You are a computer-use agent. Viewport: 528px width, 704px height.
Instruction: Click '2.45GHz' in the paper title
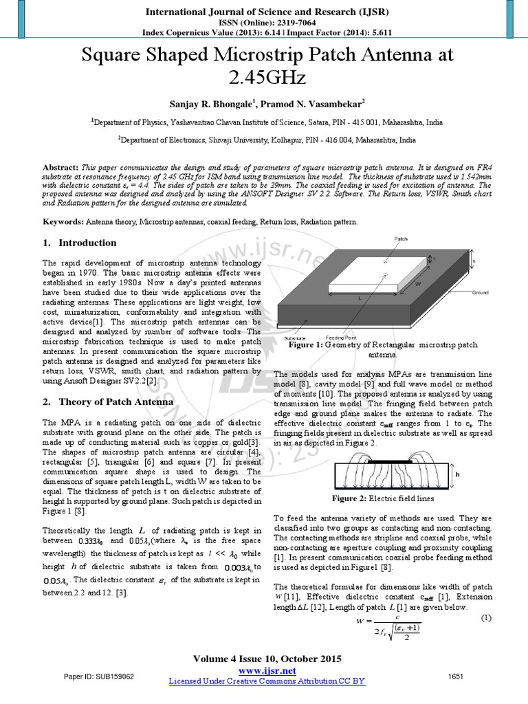tap(264, 77)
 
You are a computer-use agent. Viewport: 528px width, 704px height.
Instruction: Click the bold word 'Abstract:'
tap(61, 167)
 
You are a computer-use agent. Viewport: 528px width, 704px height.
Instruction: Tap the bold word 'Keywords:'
tap(63, 223)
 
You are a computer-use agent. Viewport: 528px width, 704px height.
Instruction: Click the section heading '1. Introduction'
tap(80, 243)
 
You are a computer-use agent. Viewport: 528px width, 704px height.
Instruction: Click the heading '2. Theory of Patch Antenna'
tap(98, 401)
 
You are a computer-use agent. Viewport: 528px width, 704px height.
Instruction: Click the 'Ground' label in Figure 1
tap(481, 292)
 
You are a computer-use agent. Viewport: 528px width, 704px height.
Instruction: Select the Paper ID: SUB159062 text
tap(99, 676)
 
